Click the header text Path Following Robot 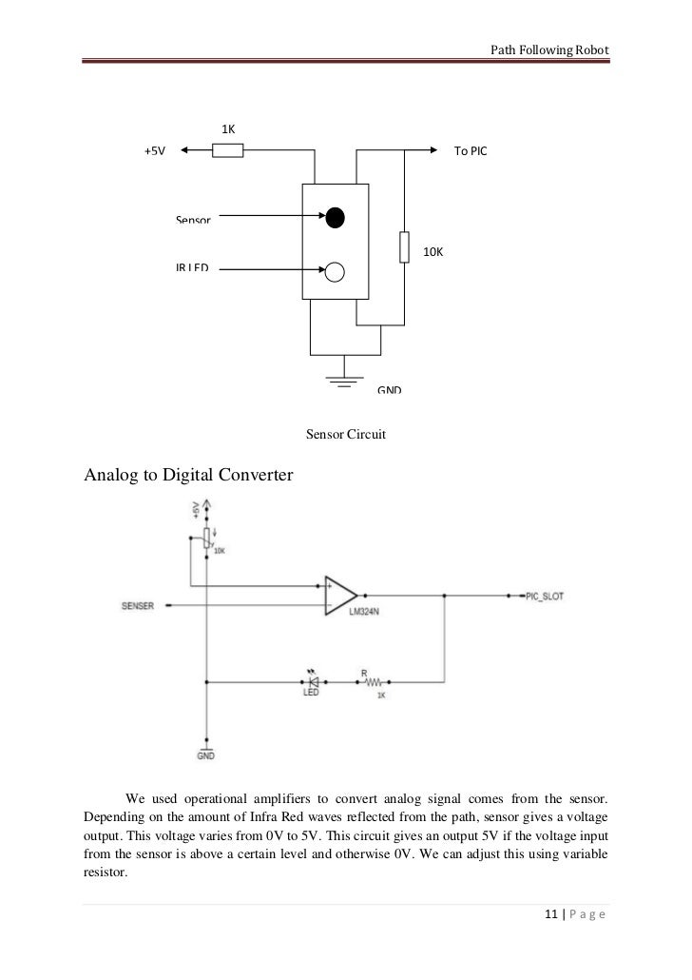pyautogui.click(x=548, y=49)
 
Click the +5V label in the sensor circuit pyautogui.click(x=154, y=150)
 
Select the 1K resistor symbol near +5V pyautogui.click(x=228, y=149)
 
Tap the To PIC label pyautogui.click(x=470, y=150)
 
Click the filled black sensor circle pyautogui.click(x=335, y=218)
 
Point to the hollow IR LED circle pyautogui.click(x=335, y=273)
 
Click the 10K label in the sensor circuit pyautogui.click(x=433, y=252)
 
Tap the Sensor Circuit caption pyautogui.click(x=345, y=435)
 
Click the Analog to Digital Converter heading pyautogui.click(x=188, y=473)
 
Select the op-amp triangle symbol pyautogui.click(x=339, y=596)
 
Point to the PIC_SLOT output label pyautogui.click(x=543, y=596)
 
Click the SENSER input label pyautogui.click(x=138, y=605)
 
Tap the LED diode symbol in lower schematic pyautogui.click(x=312, y=681)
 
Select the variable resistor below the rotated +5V pyautogui.click(x=205, y=539)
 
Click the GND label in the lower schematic pyautogui.click(x=205, y=755)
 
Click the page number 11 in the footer pyautogui.click(x=549, y=915)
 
